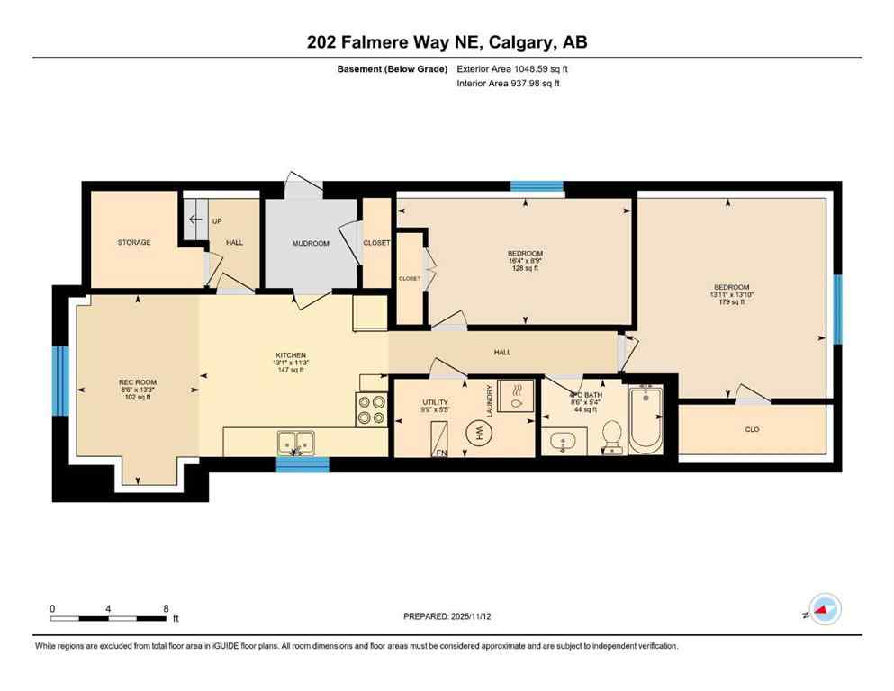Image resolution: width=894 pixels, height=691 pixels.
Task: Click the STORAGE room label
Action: (x=133, y=242)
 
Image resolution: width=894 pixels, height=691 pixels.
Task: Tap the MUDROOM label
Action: (x=311, y=243)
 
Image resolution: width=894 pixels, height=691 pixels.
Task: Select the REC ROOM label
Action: (x=138, y=382)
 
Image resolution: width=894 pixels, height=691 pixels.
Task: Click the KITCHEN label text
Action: (x=291, y=355)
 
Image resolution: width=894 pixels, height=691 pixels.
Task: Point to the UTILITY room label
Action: (x=435, y=402)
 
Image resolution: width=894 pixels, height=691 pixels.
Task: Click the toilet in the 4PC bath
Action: (x=611, y=435)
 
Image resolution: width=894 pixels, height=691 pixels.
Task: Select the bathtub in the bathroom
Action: (x=646, y=419)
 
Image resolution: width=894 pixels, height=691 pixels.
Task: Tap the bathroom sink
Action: (x=562, y=442)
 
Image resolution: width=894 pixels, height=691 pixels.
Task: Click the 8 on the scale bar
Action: (x=165, y=608)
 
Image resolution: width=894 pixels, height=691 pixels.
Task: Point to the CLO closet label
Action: (x=752, y=429)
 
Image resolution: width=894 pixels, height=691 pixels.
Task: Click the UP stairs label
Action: (x=217, y=221)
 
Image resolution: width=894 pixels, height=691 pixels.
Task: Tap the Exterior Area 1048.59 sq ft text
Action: (x=513, y=67)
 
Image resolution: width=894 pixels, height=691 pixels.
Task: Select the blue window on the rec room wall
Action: (x=60, y=381)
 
